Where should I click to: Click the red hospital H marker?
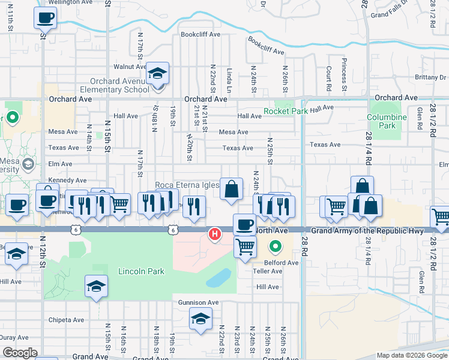[x=213, y=234]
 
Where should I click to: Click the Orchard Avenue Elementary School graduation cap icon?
[x=157, y=74]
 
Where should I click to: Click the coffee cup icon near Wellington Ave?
[x=45, y=18]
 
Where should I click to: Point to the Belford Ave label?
[x=283, y=263]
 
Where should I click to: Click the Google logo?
[x=19, y=353]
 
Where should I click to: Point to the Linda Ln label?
[x=229, y=79]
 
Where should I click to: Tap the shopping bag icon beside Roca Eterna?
[x=231, y=189]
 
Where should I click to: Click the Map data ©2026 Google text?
[x=411, y=355]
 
